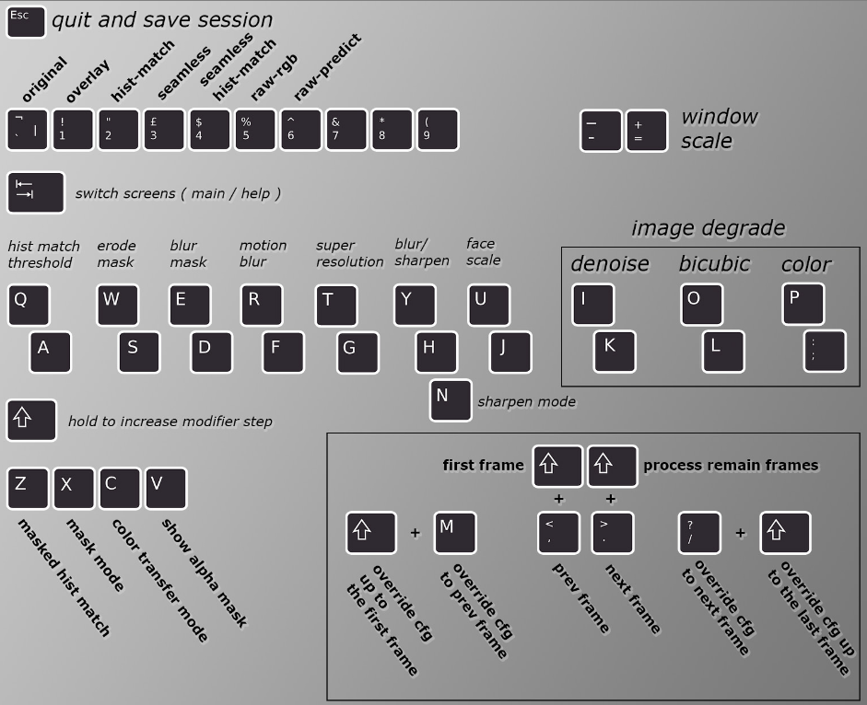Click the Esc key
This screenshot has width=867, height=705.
click(x=26, y=21)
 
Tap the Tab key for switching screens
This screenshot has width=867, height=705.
click(x=36, y=191)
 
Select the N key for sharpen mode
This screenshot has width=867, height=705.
click(x=451, y=399)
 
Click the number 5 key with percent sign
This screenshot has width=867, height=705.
click(x=255, y=130)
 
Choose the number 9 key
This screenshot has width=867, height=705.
click(x=438, y=130)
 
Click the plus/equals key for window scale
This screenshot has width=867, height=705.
click(x=647, y=131)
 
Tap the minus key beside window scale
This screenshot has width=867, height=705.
click(x=601, y=131)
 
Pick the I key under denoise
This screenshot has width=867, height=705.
click(x=592, y=304)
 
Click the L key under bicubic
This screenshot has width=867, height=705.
click(x=723, y=351)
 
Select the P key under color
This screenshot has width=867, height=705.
click(x=803, y=304)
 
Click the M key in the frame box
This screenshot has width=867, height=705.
click(x=455, y=532)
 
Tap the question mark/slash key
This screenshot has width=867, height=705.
click(x=698, y=533)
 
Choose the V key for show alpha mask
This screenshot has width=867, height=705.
click(x=166, y=488)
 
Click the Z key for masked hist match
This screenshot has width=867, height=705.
click(x=28, y=488)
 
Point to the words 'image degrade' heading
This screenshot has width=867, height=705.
click(x=708, y=228)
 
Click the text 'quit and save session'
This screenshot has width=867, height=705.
click(x=162, y=19)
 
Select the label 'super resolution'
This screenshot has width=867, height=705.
click(x=349, y=254)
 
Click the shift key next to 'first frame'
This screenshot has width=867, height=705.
click(x=557, y=466)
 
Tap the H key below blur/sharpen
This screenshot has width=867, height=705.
click(x=436, y=351)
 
